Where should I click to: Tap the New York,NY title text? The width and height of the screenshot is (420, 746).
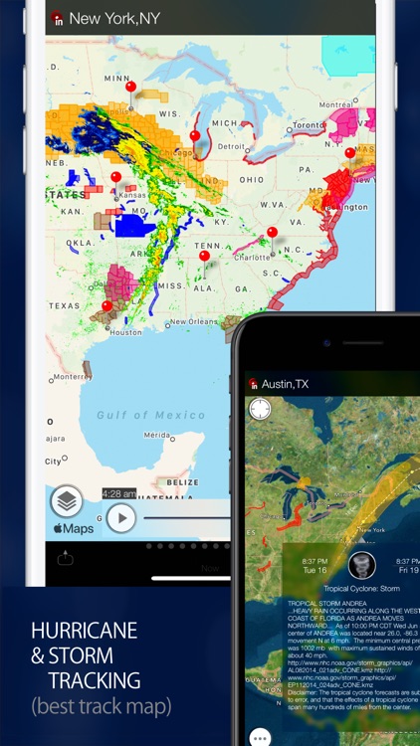click(113, 18)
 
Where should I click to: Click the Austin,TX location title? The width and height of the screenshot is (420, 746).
click(285, 383)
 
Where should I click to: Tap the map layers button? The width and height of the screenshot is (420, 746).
click(67, 500)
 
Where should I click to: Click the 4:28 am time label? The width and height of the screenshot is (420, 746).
click(118, 493)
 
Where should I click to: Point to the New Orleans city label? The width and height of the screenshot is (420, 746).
click(192, 321)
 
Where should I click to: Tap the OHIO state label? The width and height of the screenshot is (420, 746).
click(250, 179)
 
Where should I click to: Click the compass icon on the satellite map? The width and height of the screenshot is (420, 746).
click(260, 409)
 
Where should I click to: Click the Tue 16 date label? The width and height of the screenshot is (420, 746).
click(315, 570)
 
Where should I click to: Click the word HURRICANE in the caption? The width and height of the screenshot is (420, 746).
click(85, 630)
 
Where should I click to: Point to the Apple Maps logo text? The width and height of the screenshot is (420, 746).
click(74, 528)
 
